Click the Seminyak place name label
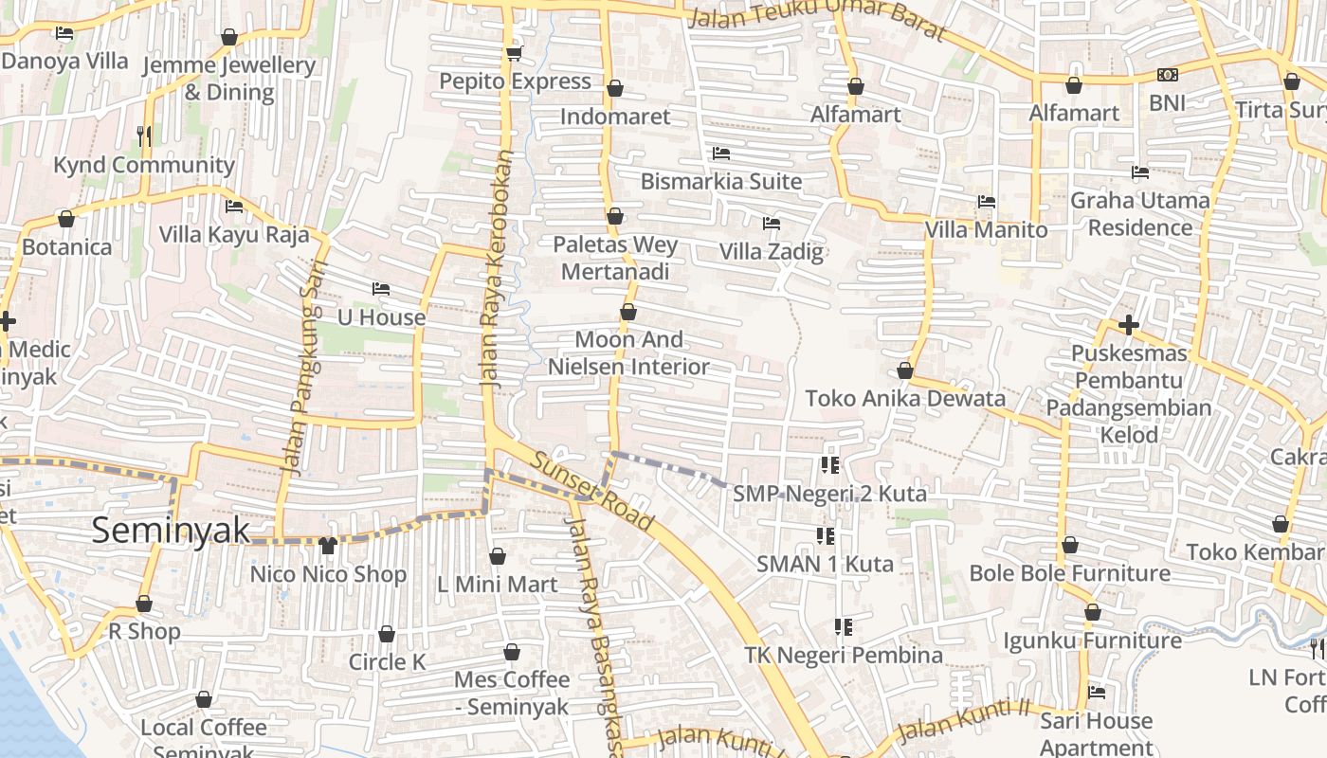[171, 531]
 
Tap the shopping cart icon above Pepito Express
[515, 53]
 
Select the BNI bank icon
[1168, 75]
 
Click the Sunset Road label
[592, 491]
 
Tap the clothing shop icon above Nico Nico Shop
[328, 546]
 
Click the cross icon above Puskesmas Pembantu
[1128, 326]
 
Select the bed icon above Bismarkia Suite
[721, 153]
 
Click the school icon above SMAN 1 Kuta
[826, 536]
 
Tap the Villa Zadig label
[772, 252]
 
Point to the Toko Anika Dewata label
[905, 398]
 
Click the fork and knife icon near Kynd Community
[143, 136]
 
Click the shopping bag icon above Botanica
[66, 220]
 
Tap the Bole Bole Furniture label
[1069, 573]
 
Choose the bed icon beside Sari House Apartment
[1097, 693]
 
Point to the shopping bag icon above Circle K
[387, 634]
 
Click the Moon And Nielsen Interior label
[628, 352]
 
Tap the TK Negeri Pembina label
[843, 655]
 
